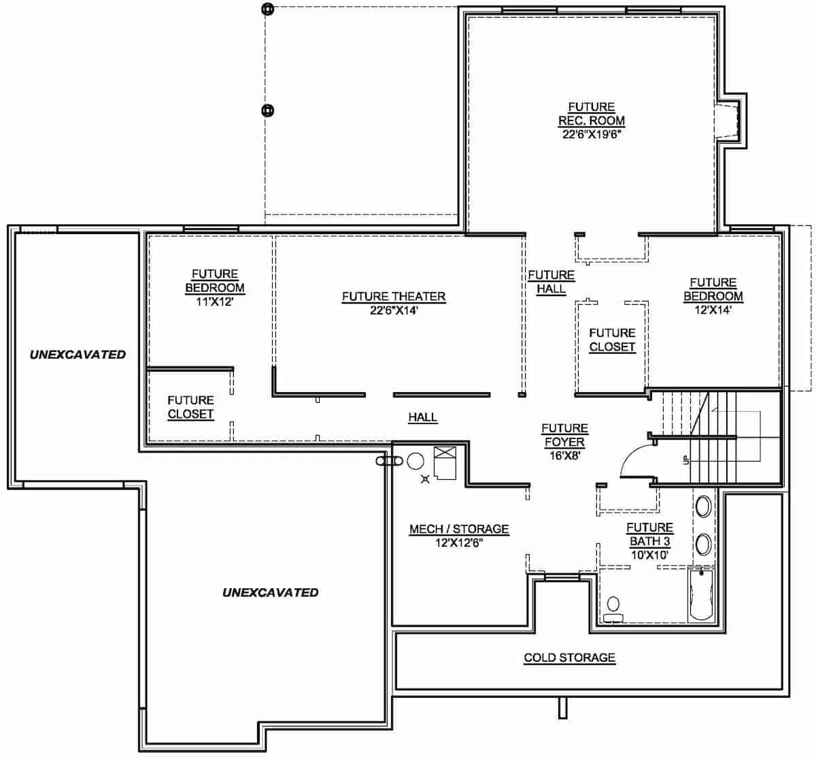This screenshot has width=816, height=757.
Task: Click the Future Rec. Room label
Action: click(x=592, y=114)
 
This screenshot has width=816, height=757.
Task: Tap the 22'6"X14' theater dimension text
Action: click(x=393, y=310)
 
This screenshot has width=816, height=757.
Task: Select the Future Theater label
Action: click(x=393, y=296)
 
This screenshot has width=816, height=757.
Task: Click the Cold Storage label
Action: click(x=569, y=658)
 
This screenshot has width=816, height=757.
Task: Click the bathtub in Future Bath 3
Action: click(x=700, y=595)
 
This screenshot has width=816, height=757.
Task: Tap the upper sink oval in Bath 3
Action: click(x=703, y=507)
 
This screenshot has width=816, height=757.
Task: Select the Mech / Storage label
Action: click(x=458, y=529)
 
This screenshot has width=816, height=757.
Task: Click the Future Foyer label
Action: click(x=564, y=435)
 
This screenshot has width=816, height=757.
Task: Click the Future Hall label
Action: click(x=551, y=281)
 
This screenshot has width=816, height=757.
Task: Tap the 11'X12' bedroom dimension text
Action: click(x=214, y=302)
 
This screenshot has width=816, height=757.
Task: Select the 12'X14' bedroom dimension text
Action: click(x=713, y=310)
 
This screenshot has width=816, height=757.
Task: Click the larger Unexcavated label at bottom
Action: click(x=270, y=592)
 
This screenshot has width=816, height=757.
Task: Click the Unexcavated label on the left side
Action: click(x=78, y=354)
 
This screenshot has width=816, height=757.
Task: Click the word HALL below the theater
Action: click(x=422, y=417)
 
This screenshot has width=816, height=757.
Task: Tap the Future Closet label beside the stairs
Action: click(x=612, y=340)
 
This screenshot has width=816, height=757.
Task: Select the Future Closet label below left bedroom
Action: click(x=190, y=407)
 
